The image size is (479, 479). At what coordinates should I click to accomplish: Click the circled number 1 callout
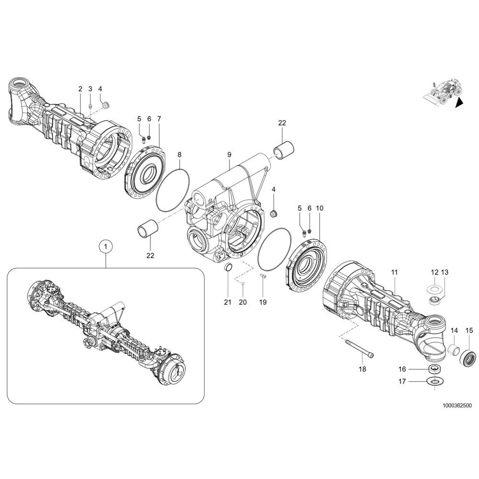[x=106, y=246]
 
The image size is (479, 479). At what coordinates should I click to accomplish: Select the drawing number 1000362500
[x=457, y=406]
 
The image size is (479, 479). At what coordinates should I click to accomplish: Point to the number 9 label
[x=229, y=155]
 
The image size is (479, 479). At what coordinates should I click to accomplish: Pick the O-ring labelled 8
[x=173, y=190]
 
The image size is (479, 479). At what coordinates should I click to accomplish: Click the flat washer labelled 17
[x=435, y=381]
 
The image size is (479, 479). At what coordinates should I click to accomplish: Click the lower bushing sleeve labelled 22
[x=148, y=229]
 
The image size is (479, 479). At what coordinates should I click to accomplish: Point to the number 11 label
[x=394, y=272]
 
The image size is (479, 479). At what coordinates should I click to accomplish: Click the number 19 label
[x=262, y=302]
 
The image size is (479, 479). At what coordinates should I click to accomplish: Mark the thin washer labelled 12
[x=434, y=288]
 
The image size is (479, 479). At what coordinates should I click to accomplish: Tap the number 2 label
[x=80, y=89]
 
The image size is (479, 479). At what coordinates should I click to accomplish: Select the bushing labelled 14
[x=455, y=350]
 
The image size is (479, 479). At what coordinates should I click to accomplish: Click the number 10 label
[x=319, y=208]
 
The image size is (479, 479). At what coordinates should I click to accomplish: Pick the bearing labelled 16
[x=435, y=369]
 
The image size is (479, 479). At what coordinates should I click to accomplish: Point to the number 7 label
[x=159, y=119]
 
